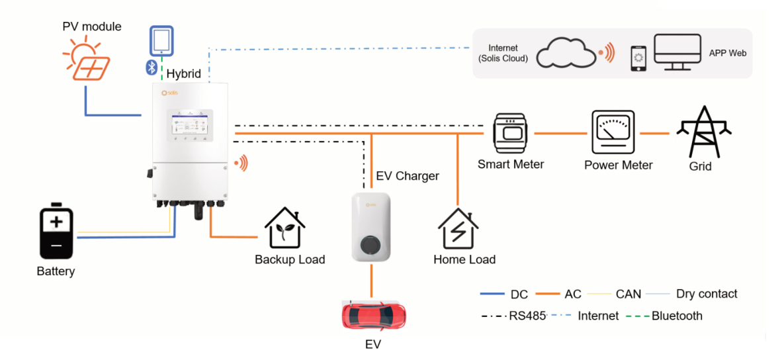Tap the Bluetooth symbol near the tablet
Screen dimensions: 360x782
coord(151,66)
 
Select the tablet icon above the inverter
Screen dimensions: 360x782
coord(161,42)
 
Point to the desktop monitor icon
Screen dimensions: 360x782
coord(677,52)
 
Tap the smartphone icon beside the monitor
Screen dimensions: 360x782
coord(638,58)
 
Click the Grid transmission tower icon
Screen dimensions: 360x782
coord(703,131)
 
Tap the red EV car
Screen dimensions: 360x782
coord(373,316)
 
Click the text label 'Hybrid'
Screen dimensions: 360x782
coord(183,73)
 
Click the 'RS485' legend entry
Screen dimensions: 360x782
coord(527,316)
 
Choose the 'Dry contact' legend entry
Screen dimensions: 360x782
coord(706,294)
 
